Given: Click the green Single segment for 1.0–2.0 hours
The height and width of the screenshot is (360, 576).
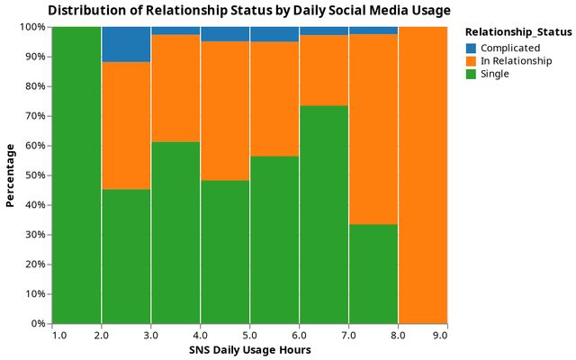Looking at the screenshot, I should tap(76, 175).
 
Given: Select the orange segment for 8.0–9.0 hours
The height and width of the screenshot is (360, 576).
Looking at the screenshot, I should tap(422, 175).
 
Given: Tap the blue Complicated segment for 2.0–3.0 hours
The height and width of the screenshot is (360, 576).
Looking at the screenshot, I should tap(126, 44).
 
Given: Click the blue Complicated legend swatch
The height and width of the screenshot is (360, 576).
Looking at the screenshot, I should tap(472, 48).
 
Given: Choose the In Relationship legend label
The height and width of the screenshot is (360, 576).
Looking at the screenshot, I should tap(511, 60).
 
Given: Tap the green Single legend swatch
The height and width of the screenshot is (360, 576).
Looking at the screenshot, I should tap(472, 74).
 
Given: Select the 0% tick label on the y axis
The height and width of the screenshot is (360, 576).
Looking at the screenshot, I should tap(37, 323).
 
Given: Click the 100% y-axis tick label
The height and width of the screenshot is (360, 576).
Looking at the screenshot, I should tap(31, 27).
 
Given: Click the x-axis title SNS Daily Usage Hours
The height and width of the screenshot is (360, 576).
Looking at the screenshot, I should tap(249, 350).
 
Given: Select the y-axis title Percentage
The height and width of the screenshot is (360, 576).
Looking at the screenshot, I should tap(11, 175).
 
